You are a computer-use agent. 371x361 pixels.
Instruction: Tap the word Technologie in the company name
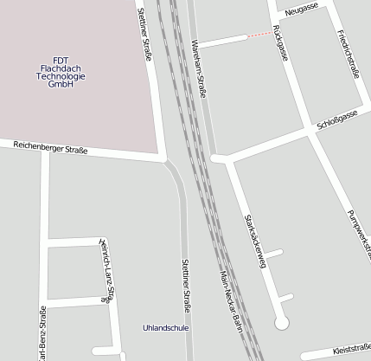(61, 76)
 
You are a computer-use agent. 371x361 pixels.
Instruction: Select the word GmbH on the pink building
(61, 85)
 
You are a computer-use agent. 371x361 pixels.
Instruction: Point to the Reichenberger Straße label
(50, 147)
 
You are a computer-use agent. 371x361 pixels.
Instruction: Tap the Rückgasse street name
(279, 42)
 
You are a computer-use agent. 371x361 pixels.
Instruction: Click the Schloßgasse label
(337, 119)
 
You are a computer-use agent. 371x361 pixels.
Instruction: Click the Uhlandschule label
(165, 328)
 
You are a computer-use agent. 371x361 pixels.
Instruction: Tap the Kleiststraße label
(351, 349)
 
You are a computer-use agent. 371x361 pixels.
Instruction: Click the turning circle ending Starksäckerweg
(280, 323)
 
